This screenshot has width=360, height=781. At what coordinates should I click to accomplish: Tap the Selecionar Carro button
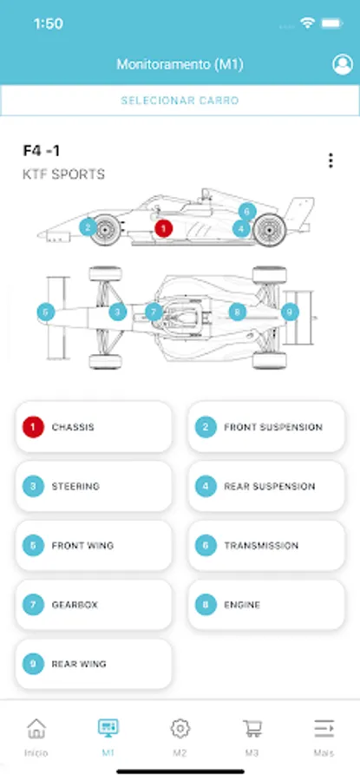pyautogui.click(x=180, y=101)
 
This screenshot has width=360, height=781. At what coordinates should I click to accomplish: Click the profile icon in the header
pyautogui.click(x=342, y=65)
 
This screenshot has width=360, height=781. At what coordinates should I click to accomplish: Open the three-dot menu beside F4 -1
pyautogui.click(x=331, y=161)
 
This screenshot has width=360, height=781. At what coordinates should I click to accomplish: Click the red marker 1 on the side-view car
pyautogui.click(x=163, y=228)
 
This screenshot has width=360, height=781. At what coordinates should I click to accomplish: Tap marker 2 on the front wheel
pyautogui.click(x=88, y=227)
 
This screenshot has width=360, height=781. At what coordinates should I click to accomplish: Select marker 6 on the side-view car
pyautogui.click(x=247, y=212)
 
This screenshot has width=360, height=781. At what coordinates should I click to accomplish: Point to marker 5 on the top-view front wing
pyautogui.click(x=45, y=312)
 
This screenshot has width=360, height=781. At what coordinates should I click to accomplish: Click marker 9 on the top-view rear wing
pyautogui.click(x=290, y=312)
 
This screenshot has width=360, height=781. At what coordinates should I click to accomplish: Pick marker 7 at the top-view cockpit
pyautogui.click(x=154, y=312)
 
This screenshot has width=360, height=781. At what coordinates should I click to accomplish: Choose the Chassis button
pyautogui.click(x=94, y=427)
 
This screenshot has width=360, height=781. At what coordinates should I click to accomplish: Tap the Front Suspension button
pyautogui.click(x=266, y=427)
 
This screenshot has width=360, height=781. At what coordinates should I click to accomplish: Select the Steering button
pyautogui.click(x=94, y=486)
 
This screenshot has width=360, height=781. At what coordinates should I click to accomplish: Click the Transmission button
pyautogui.click(x=266, y=546)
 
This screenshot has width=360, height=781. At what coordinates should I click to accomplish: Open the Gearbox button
pyautogui.click(x=94, y=605)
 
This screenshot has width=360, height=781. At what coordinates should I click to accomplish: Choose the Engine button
pyautogui.click(x=266, y=605)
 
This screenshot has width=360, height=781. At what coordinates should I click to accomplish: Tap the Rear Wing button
pyautogui.click(x=94, y=664)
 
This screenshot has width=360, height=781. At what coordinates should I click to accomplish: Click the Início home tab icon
pyautogui.click(x=36, y=728)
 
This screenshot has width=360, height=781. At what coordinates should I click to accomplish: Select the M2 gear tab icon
pyautogui.click(x=180, y=728)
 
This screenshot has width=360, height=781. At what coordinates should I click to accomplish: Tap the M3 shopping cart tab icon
pyautogui.click(x=252, y=728)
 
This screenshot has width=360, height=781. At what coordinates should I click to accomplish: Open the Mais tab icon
pyautogui.click(x=324, y=728)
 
